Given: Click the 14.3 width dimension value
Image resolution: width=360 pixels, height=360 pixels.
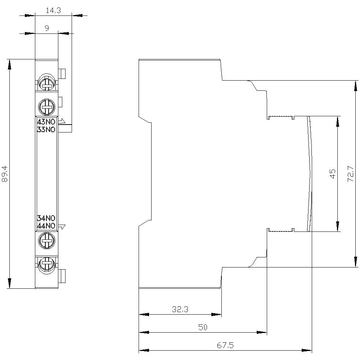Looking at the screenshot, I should (x=53, y=10).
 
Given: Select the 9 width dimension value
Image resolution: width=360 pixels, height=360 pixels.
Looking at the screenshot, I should (x=46, y=28).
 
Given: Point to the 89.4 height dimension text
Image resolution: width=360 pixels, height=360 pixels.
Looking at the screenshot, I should (x=5, y=174).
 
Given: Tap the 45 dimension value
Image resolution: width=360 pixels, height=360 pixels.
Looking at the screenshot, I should (x=333, y=174).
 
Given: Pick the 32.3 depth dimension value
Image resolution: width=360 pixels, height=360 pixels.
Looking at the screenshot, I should (x=180, y=309).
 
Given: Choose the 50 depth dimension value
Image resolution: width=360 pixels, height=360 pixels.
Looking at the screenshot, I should (x=203, y=327).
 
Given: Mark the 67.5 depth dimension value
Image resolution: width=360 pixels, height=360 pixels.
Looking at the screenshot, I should (x=225, y=345).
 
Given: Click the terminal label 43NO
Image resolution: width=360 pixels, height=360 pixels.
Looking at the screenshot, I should (x=46, y=122).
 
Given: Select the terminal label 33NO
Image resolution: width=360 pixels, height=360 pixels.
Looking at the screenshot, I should (x=46, y=130).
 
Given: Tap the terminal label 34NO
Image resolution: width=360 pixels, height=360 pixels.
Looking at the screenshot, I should (x=46, y=218).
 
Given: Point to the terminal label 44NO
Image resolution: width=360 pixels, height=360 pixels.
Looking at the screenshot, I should (x=46, y=226).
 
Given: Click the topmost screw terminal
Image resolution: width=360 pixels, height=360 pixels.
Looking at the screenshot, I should (x=46, y=83).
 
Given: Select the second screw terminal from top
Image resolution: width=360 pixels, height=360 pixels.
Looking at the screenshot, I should (x=46, y=105).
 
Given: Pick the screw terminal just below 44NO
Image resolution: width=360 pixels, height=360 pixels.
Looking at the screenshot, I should (x=46, y=240).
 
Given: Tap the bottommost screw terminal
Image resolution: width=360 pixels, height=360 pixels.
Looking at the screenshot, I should (x=46, y=264).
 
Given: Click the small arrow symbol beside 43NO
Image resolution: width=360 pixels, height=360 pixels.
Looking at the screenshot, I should (x=62, y=121).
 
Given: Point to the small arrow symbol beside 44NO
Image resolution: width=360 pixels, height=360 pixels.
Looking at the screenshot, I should (x=62, y=226).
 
